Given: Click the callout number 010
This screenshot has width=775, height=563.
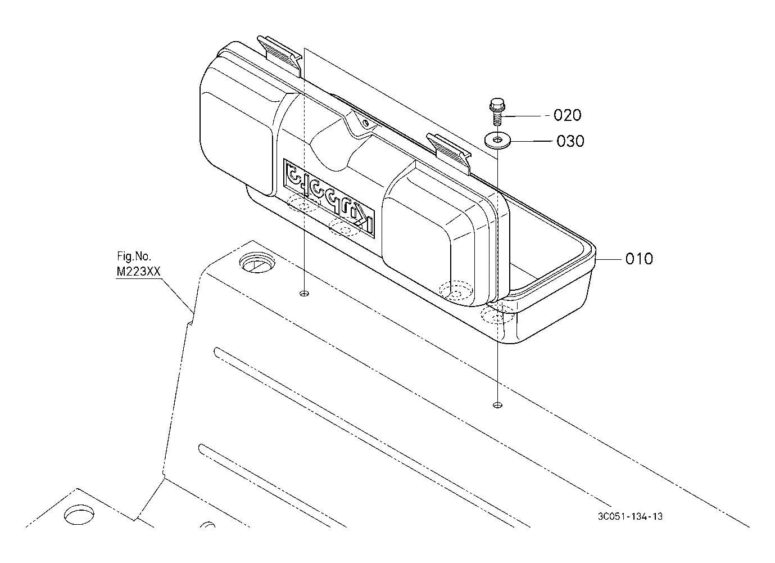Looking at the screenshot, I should coord(639,259).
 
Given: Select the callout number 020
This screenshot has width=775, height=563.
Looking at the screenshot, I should coord(567,115).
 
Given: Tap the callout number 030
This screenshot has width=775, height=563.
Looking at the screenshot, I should coord(570,141).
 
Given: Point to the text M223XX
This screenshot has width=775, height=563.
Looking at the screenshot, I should coord(138,272).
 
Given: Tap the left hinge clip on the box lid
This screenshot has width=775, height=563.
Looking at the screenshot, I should coord(279,52).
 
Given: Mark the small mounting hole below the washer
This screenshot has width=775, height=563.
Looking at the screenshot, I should coord(497,405).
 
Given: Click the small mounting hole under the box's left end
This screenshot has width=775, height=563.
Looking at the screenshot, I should coord(305,294).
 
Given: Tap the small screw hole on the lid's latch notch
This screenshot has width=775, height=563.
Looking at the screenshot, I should coord(365,122).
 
